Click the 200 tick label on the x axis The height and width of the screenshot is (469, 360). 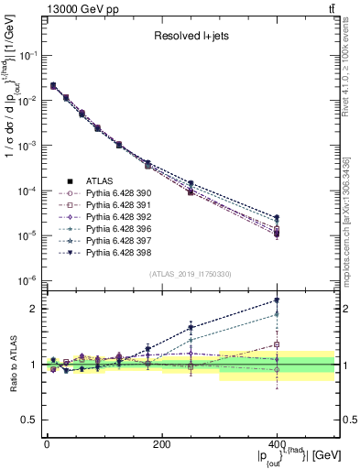click(161, 444)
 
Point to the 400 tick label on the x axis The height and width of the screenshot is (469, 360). click(277, 444)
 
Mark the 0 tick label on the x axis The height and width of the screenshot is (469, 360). click(47, 444)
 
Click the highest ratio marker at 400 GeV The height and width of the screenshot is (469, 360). click(277, 300)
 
